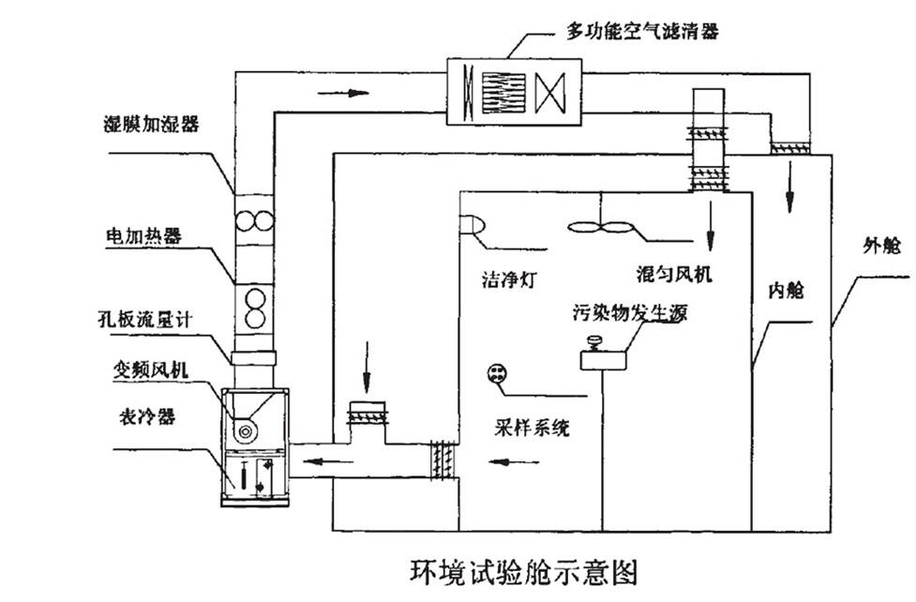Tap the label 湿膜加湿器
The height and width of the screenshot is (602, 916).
tap(152, 125)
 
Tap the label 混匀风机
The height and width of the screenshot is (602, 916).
tap(673, 274)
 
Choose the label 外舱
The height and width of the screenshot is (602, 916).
tap(880, 248)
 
